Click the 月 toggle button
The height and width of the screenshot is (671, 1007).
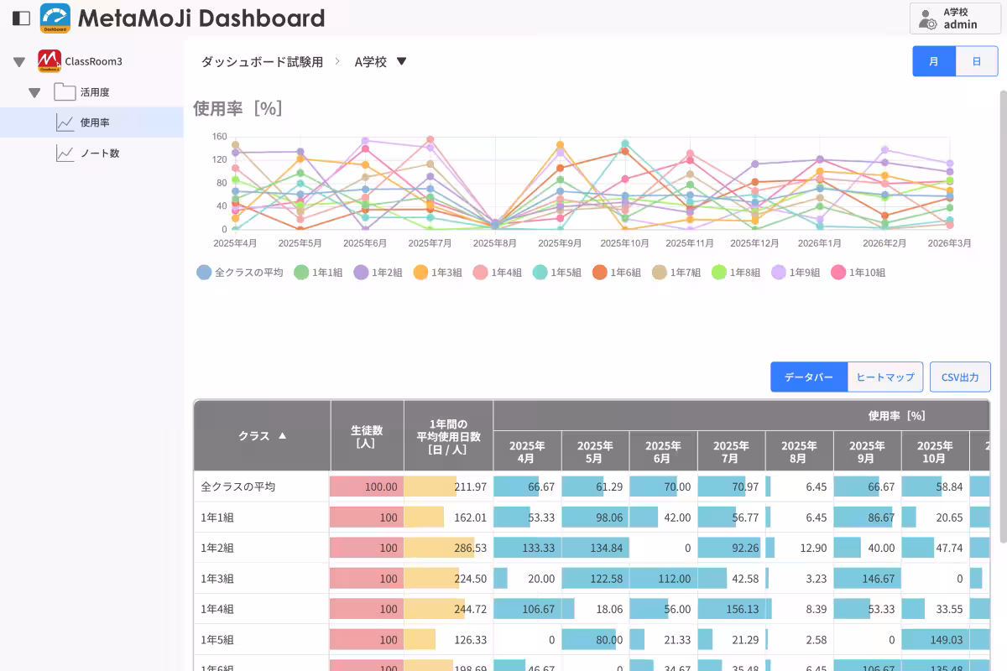tap(934, 61)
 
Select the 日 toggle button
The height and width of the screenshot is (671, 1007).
tap(977, 61)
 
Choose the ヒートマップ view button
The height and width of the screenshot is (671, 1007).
tap(885, 377)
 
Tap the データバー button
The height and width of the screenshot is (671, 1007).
tap(809, 377)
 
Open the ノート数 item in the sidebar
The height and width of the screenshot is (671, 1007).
tap(99, 153)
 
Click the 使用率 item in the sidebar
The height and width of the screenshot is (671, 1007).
tap(94, 122)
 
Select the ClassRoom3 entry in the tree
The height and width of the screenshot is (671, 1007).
tap(92, 61)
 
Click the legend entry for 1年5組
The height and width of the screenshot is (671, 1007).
tap(557, 273)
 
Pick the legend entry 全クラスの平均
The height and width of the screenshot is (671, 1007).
tap(240, 273)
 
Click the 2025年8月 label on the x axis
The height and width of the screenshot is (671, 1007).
tap(494, 243)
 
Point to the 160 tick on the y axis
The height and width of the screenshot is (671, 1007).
tap(219, 137)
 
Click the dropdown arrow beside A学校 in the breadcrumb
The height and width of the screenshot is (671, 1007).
tap(401, 61)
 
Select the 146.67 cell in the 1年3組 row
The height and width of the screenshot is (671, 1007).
tap(867, 578)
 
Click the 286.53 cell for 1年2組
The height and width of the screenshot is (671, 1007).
tap(448, 548)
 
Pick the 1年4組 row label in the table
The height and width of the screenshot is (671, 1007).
tap(217, 609)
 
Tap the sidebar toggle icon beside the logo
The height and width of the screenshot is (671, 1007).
tap(22, 18)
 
